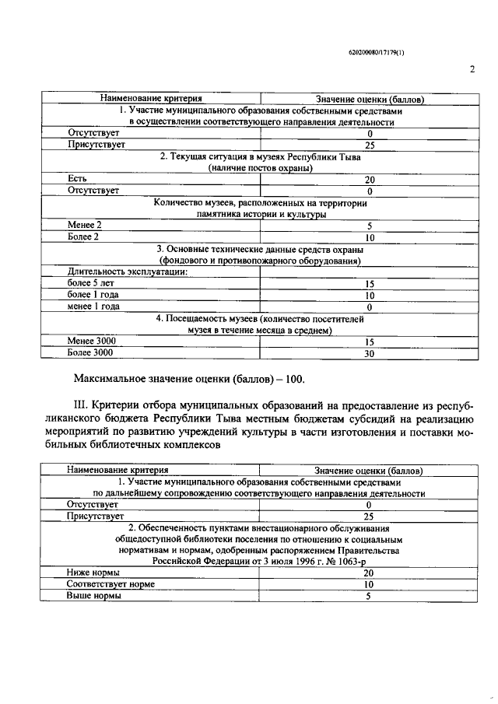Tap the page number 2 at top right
tap(472, 69)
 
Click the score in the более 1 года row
tap(370, 296)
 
